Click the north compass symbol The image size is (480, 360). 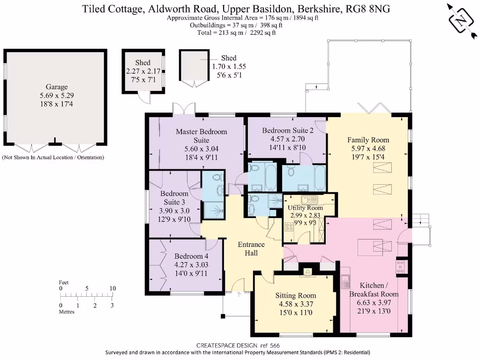point(461,20)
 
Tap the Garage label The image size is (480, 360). point(57,87)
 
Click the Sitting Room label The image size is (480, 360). point(295,295)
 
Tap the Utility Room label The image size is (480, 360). point(305,208)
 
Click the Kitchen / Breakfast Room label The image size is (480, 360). point(374,290)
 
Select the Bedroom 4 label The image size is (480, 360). point(191,256)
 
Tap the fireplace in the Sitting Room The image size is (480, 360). point(308,271)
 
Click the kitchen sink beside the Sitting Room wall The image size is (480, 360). point(345,280)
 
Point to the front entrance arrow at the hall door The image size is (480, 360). point(239,294)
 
